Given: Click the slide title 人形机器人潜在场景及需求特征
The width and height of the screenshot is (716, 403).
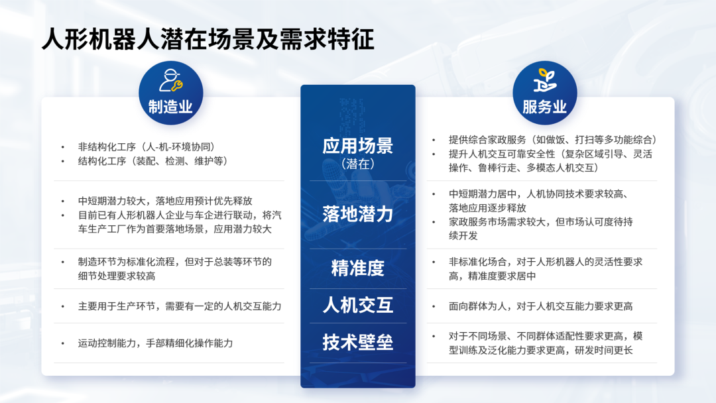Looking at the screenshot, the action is coord(208,39).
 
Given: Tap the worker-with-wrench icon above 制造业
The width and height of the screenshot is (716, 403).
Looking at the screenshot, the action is coord(171,81).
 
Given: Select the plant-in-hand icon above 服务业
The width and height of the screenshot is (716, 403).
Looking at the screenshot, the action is coord(545,80).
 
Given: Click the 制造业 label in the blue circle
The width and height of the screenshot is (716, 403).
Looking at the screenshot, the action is coord(170,107).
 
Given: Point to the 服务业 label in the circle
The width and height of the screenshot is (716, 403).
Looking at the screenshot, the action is coord(545,107).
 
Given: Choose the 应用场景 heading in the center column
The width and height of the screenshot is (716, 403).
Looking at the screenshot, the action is coord(358,146).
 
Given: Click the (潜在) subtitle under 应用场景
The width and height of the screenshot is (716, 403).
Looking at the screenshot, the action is coord(358,164).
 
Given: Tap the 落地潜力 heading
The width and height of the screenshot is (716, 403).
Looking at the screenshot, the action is coord(358,213).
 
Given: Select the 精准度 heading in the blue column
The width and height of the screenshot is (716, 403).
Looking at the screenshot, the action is coord(358,268).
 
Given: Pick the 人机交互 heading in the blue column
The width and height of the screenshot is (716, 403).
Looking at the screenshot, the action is coord(358,305).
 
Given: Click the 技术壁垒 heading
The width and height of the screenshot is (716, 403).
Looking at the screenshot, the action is coord(358,342).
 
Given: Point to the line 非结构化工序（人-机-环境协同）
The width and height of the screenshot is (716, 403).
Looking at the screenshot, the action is coord(147,147).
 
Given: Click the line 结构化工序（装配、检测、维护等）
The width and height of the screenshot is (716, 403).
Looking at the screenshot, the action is coord(153,161).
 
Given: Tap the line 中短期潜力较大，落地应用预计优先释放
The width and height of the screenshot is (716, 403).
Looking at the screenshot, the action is coord(165,201).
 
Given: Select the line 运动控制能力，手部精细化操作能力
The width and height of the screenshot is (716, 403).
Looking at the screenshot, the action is coord(155,343).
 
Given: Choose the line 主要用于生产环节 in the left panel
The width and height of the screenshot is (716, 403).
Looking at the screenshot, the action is coord(180,306).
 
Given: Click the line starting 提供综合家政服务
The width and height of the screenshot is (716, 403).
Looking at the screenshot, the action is coord(553,140).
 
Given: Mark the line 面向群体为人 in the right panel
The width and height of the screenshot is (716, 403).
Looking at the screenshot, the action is coord(541,306).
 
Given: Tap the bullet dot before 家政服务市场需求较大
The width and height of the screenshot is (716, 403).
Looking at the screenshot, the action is coord(434,222).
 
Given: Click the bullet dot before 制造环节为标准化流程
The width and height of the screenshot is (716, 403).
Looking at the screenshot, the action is coord(63,262).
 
